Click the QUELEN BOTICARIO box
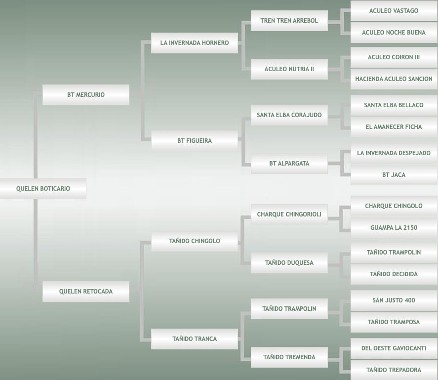43,189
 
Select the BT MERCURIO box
86,95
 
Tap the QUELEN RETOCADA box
86,292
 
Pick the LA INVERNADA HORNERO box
195,43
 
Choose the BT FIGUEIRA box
195,141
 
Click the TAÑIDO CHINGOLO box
195,241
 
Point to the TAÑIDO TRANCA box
195,339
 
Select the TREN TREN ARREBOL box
289,21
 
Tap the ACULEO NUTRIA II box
289,69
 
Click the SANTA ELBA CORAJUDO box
289,115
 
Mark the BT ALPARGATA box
289,164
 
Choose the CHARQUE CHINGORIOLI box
289,214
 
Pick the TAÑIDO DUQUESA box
289,263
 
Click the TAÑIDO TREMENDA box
289,357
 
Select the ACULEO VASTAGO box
394,11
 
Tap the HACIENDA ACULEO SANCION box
394,79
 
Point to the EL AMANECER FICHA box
394,127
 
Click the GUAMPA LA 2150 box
394,228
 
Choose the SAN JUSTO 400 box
394,300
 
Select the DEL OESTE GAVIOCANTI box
394,348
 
